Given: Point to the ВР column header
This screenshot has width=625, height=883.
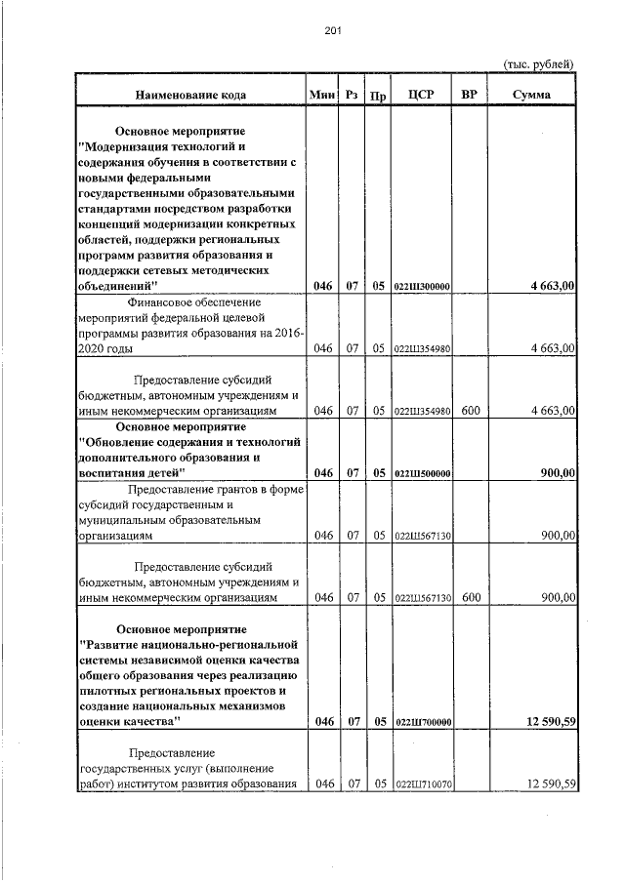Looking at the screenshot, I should pyautogui.click(x=469, y=95).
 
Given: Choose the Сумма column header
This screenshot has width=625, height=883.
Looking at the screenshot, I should pyautogui.click(x=530, y=95).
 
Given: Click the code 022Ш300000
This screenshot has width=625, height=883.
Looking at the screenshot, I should pyautogui.click(x=421, y=286).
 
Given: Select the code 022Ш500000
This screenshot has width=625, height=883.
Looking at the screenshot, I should pyautogui.click(x=421, y=473).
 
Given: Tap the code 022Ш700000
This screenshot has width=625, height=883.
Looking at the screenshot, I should pyautogui.click(x=421, y=723).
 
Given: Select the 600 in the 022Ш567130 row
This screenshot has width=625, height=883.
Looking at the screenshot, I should pyautogui.click(x=470, y=597).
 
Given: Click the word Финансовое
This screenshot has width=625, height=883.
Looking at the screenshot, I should pyautogui.click(x=135, y=302).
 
